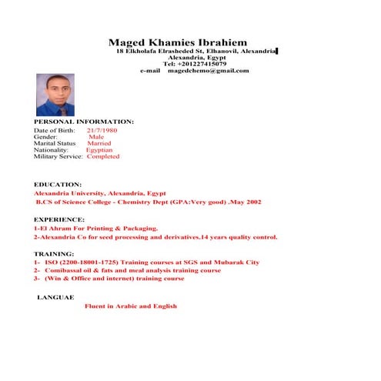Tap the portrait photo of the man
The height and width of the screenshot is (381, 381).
coord(55,95)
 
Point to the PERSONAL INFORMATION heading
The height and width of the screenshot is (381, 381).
coord(84,122)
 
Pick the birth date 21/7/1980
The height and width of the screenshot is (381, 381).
coord(102,131)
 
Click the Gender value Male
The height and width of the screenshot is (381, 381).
coord(97,137)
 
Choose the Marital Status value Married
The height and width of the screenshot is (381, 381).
coord(99,143)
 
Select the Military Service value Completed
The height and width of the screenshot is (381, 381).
coord(103,156)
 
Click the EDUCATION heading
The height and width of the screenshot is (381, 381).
coord(58,185)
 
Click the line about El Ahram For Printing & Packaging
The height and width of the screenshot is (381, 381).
coord(96,229)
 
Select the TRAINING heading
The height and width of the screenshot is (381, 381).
coord(55,253)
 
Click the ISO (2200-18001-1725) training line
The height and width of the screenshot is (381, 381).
coord(146,262)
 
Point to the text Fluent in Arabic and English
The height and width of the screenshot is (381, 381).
coord(131,306)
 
